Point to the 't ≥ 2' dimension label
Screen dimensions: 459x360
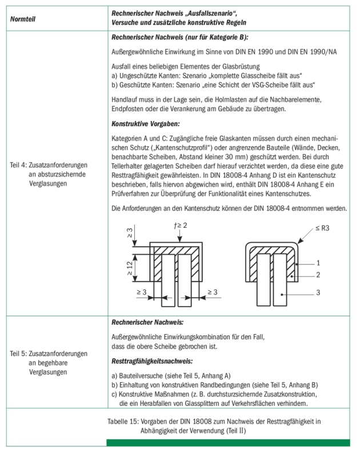(x=182, y=226)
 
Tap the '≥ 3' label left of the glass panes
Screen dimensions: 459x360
(x=141, y=292)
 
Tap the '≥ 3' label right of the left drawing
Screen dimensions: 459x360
(x=213, y=292)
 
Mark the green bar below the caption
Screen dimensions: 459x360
(x=228, y=443)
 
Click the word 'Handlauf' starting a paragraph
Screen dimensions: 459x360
(x=124, y=100)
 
